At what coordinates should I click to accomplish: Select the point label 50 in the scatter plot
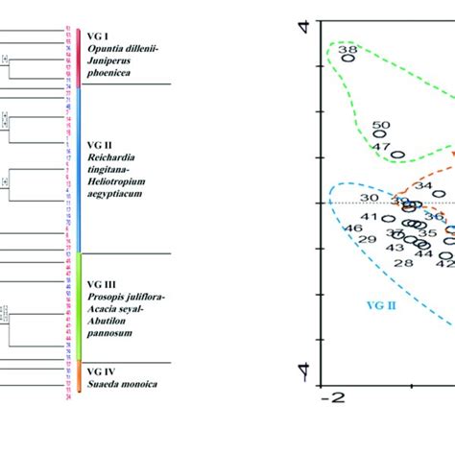coord(381,125)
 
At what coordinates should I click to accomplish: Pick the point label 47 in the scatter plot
coord(380,147)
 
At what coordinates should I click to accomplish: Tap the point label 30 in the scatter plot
coord(370,198)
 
